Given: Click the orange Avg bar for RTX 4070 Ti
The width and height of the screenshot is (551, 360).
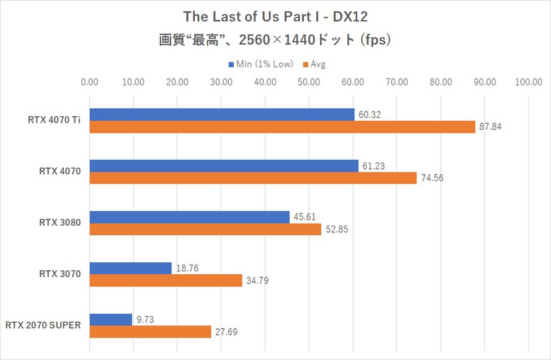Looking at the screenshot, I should click(282, 127).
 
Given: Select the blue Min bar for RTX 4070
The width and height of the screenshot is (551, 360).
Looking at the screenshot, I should click(224, 166).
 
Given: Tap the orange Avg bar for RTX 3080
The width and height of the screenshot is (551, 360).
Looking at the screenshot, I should click(205, 229).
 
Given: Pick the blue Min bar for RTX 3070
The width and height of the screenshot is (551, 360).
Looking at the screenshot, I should click(130, 268).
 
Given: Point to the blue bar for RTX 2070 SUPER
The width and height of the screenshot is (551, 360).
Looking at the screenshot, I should click(111, 319).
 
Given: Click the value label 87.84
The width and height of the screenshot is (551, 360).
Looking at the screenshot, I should click(491, 127).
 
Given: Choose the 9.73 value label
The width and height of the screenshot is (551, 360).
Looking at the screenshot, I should click(145, 319).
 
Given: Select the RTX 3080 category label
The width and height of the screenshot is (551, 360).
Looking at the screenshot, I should click(61, 223).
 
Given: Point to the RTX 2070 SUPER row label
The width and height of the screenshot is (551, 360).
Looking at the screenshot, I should click(43, 326).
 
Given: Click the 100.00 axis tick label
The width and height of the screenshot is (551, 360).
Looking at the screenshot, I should click(529, 82).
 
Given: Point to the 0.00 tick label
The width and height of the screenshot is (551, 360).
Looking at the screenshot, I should click(89, 82).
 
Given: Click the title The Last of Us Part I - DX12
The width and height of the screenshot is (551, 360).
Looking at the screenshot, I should click(275, 15).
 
